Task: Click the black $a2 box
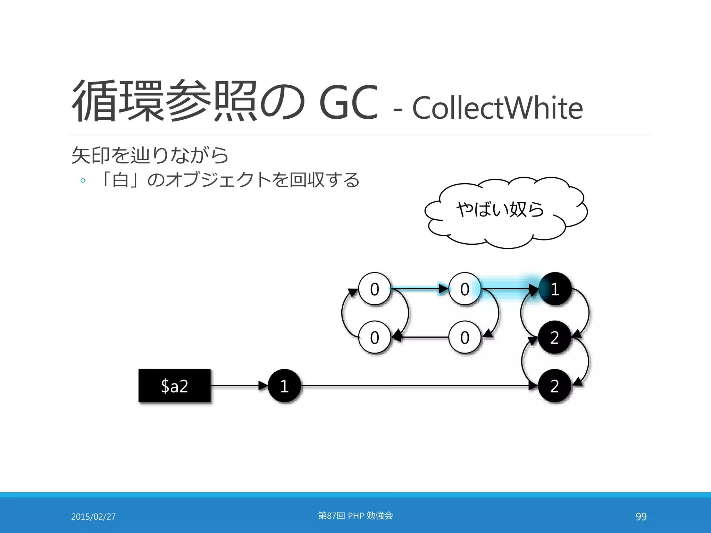tap(174, 386)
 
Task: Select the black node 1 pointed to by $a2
tap(284, 386)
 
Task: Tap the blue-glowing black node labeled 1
tap(555, 289)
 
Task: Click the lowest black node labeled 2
tap(555, 386)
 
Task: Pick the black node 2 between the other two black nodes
tap(555, 337)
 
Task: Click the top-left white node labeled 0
tap(375, 289)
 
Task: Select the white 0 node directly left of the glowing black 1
tap(465, 289)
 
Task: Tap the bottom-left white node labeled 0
tap(375, 337)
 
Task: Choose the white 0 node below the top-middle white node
tap(465, 337)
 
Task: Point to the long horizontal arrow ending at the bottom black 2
tap(417, 386)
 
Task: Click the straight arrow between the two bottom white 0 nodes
tap(420, 337)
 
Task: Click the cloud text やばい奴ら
tap(500, 209)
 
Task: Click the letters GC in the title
tap(348, 102)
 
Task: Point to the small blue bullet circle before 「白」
tap(83, 180)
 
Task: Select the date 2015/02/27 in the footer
tap(93, 517)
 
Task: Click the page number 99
tap(641, 517)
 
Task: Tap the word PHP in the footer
tap(355, 516)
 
